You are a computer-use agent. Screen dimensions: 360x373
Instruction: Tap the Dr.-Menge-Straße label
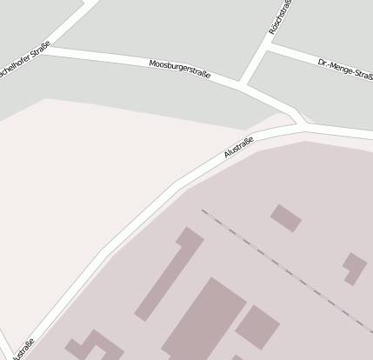pos(344,69)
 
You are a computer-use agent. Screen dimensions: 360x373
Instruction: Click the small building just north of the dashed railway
pos(285,217)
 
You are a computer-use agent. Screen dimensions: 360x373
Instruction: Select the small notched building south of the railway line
pos(354,267)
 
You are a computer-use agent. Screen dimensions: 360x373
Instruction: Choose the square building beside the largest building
pos(256,326)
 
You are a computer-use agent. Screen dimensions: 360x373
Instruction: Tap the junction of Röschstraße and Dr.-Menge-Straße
pos(265,50)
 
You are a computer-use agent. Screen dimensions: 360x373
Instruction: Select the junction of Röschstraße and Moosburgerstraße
pos(241,84)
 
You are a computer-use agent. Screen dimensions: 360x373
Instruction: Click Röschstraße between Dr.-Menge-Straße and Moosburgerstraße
pos(253,68)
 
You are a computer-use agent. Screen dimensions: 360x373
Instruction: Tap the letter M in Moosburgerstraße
pos(152,63)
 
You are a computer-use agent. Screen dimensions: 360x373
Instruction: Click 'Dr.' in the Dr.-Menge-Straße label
pos(323,63)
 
